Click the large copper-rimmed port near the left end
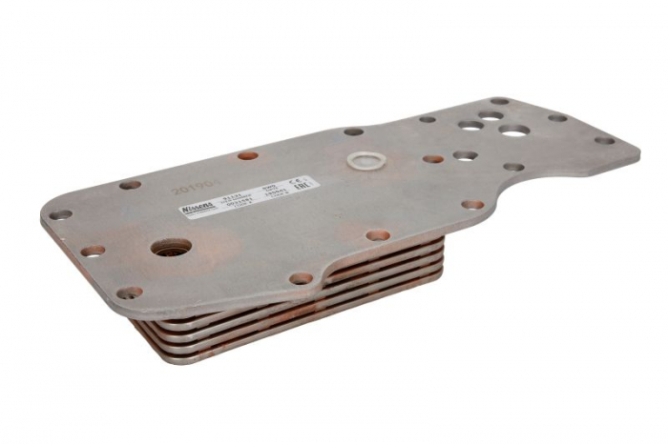click(x=170, y=248)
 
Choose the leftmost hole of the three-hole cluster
click(x=470, y=125)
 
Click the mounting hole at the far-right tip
click(x=604, y=140)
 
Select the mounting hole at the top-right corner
click(x=499, y=100)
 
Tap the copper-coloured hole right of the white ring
click(x=433, y=159)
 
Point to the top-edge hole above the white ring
click(x=353, y=131)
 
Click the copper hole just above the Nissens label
click(x=248, y=154)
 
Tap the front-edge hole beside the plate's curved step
click(x=302, y=278)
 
